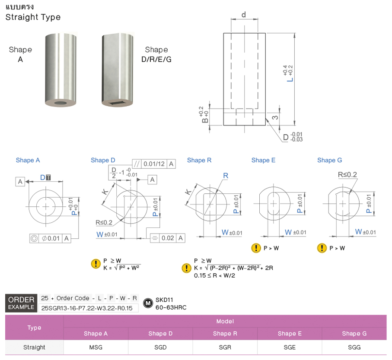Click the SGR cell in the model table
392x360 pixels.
pos(225,347)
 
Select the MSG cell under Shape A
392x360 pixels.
pos(96,347)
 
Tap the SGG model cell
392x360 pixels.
pos(354,347)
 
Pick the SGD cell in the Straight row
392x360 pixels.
pos(160,347)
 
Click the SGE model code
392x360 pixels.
pos(290,347)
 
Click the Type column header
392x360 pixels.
pos(34,328)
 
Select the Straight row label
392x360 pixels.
pos(34,347)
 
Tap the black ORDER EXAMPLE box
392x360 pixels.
pos(21,303)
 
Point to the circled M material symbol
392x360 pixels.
pos(148,303)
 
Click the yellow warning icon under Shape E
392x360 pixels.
pos(256,248)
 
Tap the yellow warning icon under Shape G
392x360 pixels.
pos(322,248)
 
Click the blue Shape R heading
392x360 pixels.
pos(199,160)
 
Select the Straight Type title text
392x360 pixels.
pos(33,17)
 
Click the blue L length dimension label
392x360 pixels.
pos(291,79)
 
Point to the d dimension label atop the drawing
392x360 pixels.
pos(244,15)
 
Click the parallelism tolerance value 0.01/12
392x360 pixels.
pos(154,164)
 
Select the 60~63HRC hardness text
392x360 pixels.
pos(171,308)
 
